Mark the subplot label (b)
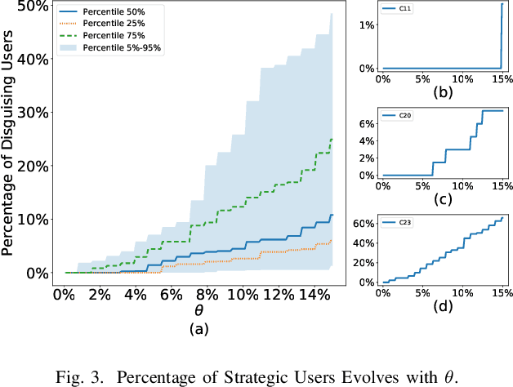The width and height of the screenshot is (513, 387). pyautogui.click(x=442, y=92)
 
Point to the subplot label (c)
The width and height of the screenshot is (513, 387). pyautogui.click(x=442, y=200)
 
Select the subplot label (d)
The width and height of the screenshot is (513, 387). pyautogui.click(x=442, y=307)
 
